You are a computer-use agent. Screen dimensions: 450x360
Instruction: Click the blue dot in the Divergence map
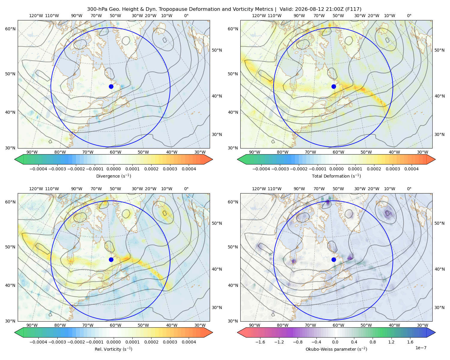(111, 86)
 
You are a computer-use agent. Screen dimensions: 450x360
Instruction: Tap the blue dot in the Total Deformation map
(334, 86)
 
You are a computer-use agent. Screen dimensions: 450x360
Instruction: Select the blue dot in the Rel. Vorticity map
(111, 259)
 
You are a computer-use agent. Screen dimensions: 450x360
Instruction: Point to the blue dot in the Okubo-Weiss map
(334, 259)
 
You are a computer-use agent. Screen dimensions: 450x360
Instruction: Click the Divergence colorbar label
(113, 176)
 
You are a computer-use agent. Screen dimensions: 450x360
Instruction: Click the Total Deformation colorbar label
(336, 176)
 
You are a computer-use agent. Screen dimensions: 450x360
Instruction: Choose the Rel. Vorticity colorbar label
(113, 349)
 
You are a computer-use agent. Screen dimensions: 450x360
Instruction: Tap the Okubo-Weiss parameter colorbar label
(336, 349)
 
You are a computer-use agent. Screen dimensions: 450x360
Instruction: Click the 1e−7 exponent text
(421, 348)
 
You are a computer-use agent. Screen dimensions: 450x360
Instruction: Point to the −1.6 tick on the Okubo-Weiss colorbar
(260, 342)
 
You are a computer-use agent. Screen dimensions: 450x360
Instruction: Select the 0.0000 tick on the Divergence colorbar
(113, 169)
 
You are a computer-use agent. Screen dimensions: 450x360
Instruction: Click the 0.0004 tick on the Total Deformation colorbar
(411, 169)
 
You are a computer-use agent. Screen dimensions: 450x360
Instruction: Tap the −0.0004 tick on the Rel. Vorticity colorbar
(38, 342)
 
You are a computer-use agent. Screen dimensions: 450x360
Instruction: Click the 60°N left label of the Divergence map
(10, 29)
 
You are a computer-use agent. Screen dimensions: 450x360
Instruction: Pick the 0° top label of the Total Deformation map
(409, 16)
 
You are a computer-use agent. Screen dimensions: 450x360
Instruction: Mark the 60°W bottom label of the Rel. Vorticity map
(115, 325)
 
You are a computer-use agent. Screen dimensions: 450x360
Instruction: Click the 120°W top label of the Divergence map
(36, 16)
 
